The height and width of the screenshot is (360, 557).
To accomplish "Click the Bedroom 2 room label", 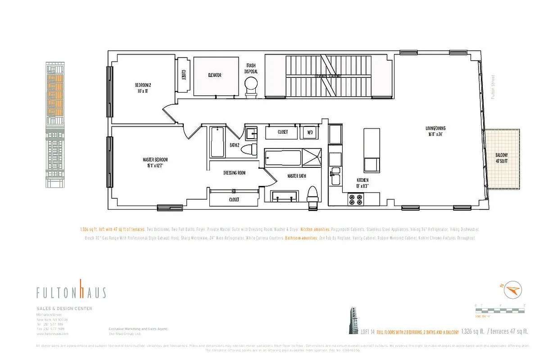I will coord(144,88).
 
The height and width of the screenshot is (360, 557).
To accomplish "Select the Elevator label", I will coord(214,76).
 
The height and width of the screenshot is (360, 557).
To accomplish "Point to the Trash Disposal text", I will coord(251,68).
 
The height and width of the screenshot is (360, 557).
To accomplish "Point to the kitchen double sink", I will coord(335,177).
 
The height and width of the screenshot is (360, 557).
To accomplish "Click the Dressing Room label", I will coord(234,173).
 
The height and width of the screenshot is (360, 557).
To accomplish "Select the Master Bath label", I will coord(296,176).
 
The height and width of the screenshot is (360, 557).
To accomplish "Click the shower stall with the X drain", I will coord(312,157).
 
